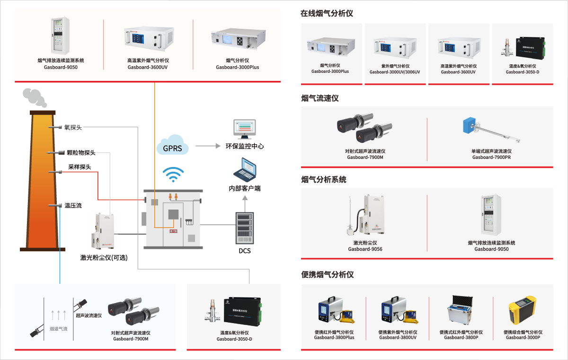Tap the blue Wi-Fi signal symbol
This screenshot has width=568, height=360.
click(x=173, y=174)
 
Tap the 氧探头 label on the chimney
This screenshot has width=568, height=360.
click(x=73, y=127)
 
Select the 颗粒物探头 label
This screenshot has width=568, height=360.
click(x=81, y=153)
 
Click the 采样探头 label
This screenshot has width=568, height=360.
click(x=80, y=167)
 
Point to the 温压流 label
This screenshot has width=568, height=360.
click(x=73, y=205)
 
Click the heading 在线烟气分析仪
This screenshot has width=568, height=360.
click(x=327, y=14)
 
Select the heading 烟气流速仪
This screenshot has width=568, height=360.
click(x=320, y=98)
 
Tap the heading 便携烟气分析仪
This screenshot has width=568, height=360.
click(x=327, y=275)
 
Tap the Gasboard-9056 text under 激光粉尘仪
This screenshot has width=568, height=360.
click(x=365, y=249)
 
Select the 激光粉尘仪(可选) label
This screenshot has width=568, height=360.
click(x=104, y=258)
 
